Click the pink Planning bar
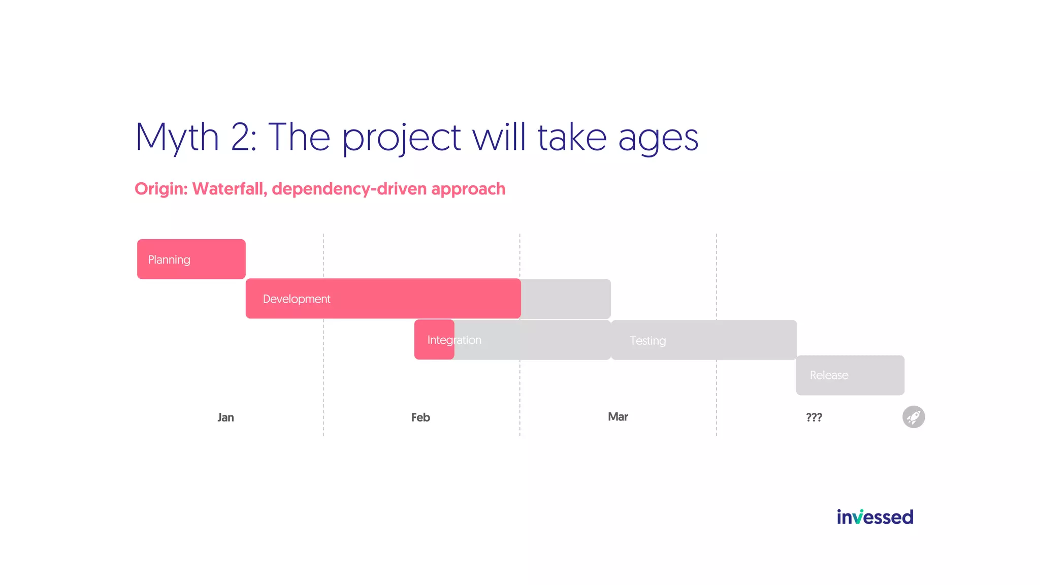[x=191, y=259]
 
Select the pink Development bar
[x=383, y=299]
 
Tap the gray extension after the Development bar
[x=566, y=299]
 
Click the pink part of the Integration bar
[x=434, y=340]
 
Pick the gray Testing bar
[x=704, y=340]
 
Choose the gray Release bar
[x=850, y=375]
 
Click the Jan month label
[x=225, y=417]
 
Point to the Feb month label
[x=420, y=417]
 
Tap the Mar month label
[x=617, y=417]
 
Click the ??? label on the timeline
[x=814, y=417]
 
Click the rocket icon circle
[x=913, y=417]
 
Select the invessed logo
[x=874, y=517]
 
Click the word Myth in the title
[x=177, y=137]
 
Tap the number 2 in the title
[x=243, y=137]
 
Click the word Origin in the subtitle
[x=160, y=189]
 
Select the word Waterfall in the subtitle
[x=230, y=189]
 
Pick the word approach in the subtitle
[x=468, y=189]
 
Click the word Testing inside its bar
[x=647, y=341]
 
